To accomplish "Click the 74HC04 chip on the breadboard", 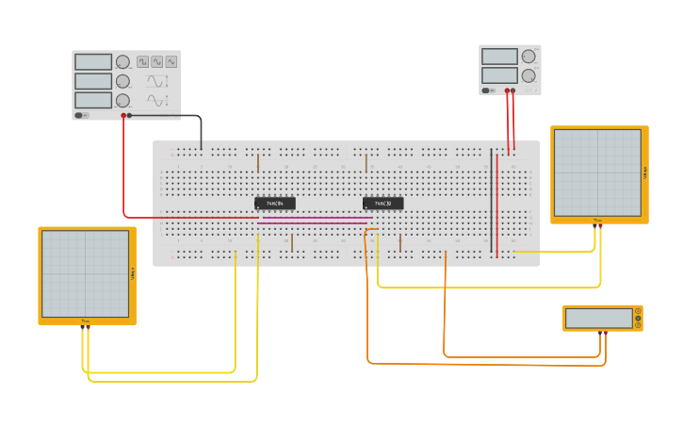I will [274, 203].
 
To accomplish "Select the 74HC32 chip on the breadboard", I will [382, 203].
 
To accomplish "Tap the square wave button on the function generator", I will [143, 61].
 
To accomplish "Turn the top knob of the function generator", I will [122, 62].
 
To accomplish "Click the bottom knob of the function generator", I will [122, 100].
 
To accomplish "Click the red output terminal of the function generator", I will [123, 116].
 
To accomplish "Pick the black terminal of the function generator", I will [130, 116].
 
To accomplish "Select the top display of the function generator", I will [93, 62].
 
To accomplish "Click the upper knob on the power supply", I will [529, 57].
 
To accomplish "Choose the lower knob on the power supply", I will [529, 75].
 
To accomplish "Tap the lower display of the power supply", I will [499, 75].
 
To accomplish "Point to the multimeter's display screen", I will [599, 319].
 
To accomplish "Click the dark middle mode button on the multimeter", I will [638, 319].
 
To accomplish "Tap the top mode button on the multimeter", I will [638, 311].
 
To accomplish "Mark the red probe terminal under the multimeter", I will [600, 332].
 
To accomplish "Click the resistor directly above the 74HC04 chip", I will [258, 163].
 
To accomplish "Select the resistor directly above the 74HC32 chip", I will [366, 163].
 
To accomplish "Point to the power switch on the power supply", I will [488, 90].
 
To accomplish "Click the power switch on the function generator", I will [82, 115].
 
